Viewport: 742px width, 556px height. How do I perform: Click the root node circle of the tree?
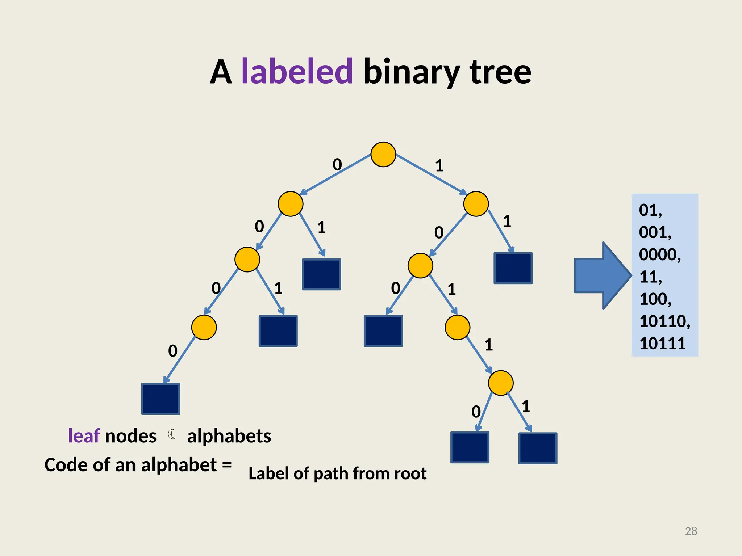coord(383,155)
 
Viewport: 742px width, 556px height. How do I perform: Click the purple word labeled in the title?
coord(297,71)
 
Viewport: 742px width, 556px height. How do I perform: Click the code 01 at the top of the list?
coord(650,210)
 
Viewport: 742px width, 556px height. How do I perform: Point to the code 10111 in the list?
coord(662,343)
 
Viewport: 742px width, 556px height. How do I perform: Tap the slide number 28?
coord(691,531)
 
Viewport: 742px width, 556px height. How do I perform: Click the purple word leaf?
coord(84,436)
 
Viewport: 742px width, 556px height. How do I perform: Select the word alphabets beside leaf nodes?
coord(229,436)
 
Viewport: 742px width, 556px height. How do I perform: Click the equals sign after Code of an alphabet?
coord(227,464)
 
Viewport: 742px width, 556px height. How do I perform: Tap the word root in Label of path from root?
coord(410,473)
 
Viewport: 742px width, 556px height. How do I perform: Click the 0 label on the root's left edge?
coord(337,165)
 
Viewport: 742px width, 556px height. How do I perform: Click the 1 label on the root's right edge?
coord(439,166)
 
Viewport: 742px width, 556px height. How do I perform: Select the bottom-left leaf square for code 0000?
coord(161,399)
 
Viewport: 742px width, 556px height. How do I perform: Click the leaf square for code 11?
coord(513,268)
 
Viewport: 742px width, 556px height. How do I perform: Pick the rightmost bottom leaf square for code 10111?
coord(538,448)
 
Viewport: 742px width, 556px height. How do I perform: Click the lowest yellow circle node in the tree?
coord(500,383)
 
